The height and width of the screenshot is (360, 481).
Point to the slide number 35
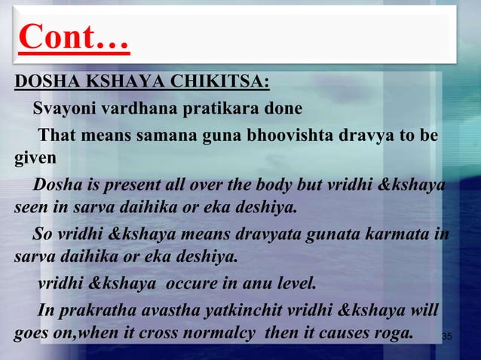coord(446,337)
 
